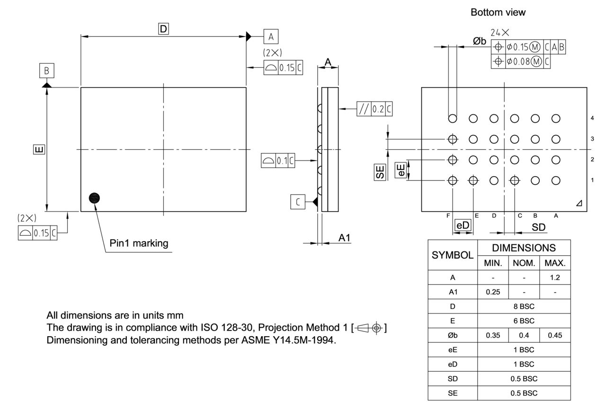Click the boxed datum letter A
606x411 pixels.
click(x=271, y=36)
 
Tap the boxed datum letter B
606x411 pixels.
click(x=46, y=71)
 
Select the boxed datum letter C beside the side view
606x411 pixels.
click(x=297, y=202)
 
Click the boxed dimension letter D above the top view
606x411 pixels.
click(x=163, y=29)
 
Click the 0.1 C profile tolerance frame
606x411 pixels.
click(x=278, y=161)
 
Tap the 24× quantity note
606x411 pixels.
click(x=500, y=33)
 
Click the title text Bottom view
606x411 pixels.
click(x=498, y=13)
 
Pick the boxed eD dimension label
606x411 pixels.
click(x=463, y=226)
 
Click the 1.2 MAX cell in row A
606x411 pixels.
click(x=555, y=277)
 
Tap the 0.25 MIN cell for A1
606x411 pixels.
click(x=493, y=292)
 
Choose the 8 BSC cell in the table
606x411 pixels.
click(x=524, y=306)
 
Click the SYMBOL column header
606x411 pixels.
click(x=453, y=255)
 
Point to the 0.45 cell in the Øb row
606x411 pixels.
click(x=555, y=335)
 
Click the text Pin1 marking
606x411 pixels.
click(x=139, y=243)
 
